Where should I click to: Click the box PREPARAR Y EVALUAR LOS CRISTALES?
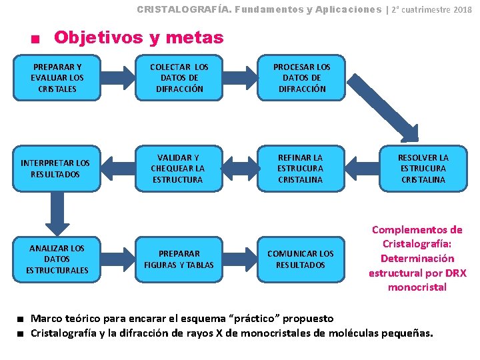[57, 78]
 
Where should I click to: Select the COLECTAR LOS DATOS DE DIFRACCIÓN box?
[179, 78]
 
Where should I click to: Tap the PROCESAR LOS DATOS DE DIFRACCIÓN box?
[302, 78]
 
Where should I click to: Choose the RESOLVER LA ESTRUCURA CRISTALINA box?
[423, 169]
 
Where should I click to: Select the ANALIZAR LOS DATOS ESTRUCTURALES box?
[57, 259]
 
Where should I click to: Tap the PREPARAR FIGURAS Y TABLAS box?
[179, 259]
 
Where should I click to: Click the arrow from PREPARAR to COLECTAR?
[117, 78]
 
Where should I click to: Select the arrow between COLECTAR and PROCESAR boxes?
[240, 78]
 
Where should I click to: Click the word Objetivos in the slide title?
[100, 37]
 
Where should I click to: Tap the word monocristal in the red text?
[417, 287]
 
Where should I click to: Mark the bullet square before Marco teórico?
[22, 319]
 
